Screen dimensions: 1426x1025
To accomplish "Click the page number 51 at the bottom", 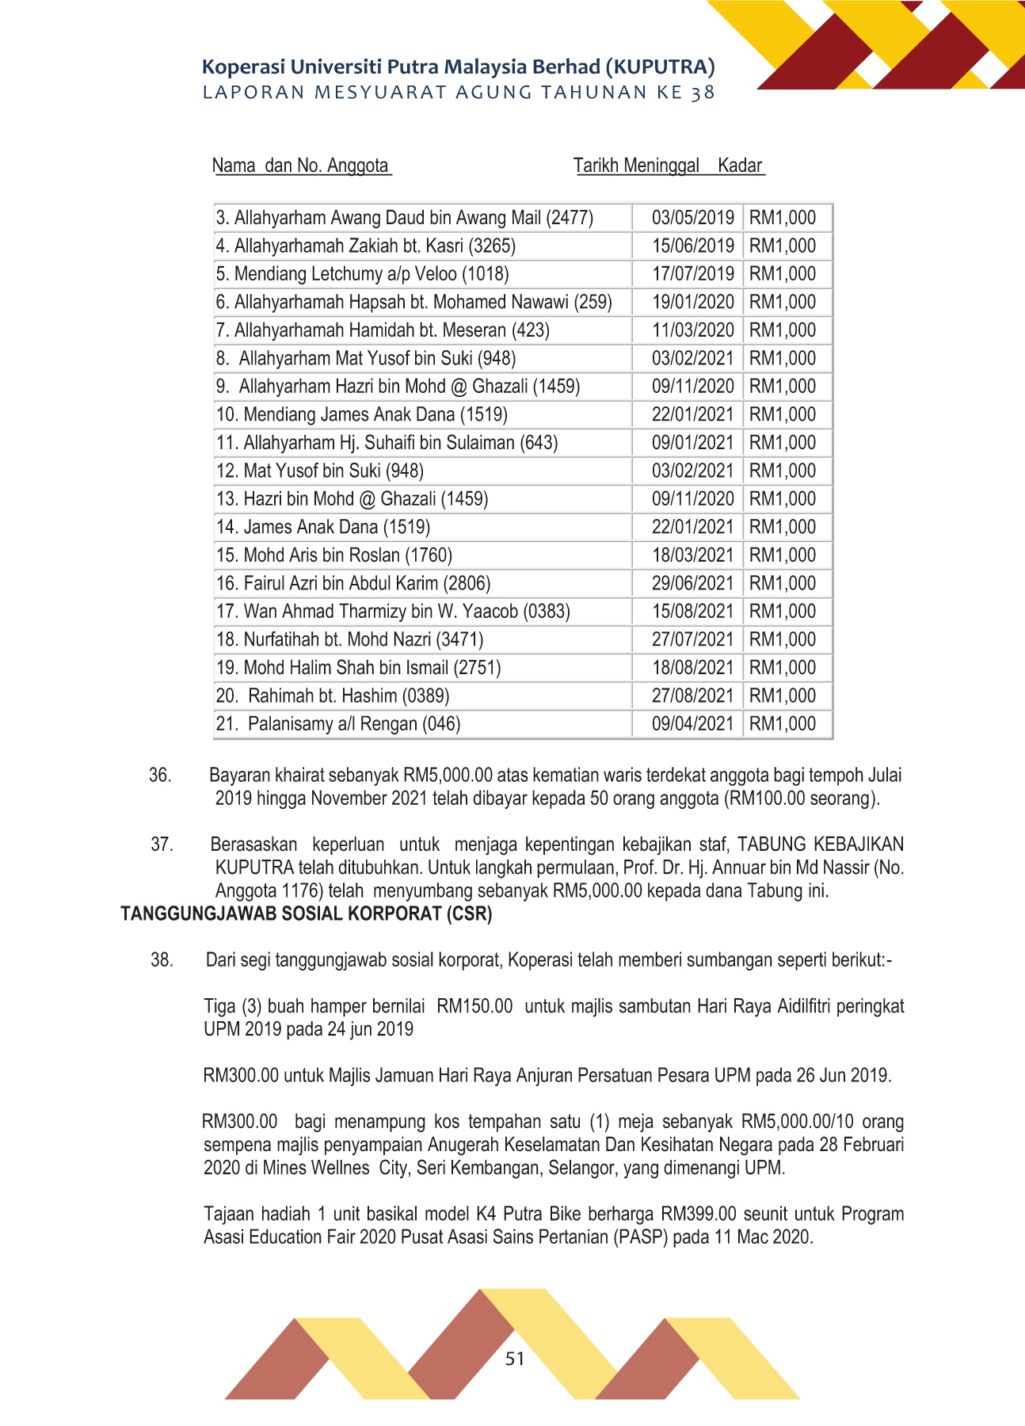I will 515,1359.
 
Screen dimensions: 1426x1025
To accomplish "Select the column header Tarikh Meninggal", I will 636,166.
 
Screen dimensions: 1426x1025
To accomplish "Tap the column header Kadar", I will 740,166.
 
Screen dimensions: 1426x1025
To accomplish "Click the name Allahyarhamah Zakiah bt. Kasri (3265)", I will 365,246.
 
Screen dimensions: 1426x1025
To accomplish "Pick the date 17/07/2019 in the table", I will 693,274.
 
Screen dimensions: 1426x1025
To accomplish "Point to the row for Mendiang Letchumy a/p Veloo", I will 362,274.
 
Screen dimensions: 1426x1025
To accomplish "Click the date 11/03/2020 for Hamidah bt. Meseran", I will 693,330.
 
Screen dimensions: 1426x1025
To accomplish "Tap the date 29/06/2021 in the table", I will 693,584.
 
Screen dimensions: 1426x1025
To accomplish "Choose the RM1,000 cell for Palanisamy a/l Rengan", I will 783,724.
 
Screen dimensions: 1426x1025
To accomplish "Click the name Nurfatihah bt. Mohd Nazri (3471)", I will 349,639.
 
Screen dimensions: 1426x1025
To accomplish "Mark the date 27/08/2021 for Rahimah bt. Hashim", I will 693,696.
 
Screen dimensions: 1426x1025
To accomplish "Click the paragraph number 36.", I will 160,775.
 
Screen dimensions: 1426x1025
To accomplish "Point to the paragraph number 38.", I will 162,960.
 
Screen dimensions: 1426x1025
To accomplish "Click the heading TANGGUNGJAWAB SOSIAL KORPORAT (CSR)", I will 307,914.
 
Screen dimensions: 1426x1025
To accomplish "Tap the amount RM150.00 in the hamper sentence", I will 474,1007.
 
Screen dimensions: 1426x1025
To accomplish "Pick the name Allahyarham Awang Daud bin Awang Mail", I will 404,218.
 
